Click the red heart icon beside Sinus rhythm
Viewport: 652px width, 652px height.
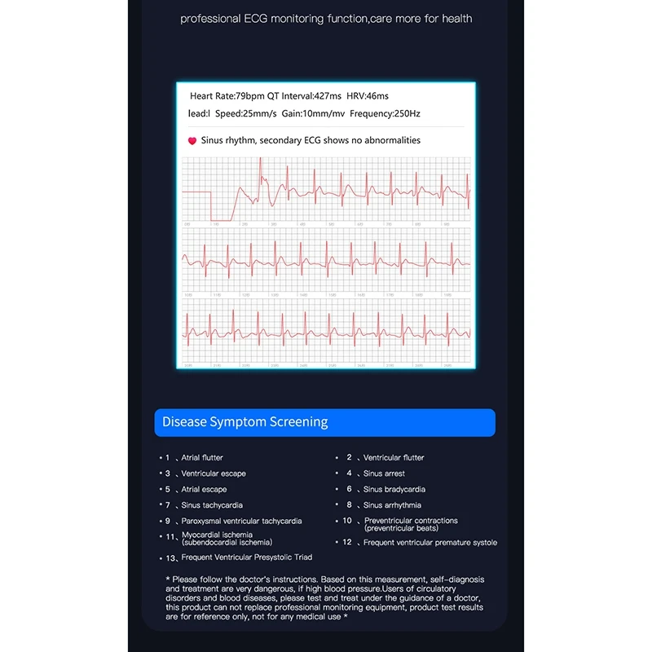[x=192, y=141]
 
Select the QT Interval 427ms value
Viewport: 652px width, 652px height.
[x=304, y=96]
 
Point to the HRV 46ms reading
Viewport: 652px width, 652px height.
[x=368, y=96]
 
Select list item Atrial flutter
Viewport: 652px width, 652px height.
[x=201, y=458]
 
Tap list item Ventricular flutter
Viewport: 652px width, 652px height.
[x=393, y=458]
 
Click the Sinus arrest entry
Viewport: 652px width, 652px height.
[x=383, y=474]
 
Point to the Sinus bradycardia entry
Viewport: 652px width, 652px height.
[x=394, y=489]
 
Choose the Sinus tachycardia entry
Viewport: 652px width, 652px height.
[x=211, y=505]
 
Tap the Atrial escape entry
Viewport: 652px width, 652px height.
[x=203, y=489]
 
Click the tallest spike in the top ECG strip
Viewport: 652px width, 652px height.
[x=261, y=161]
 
